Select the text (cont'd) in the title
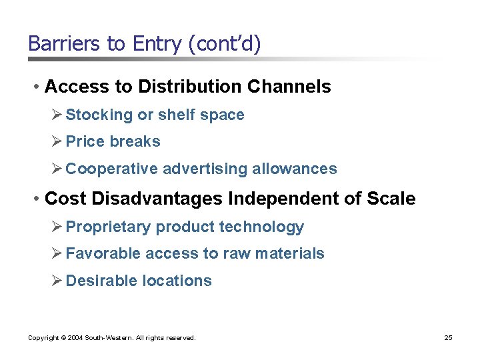225,44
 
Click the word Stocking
99,115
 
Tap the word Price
85,142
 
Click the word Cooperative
111,169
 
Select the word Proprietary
108,227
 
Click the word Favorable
103,254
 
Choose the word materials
292,254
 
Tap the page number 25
449,338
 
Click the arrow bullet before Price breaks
57,141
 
